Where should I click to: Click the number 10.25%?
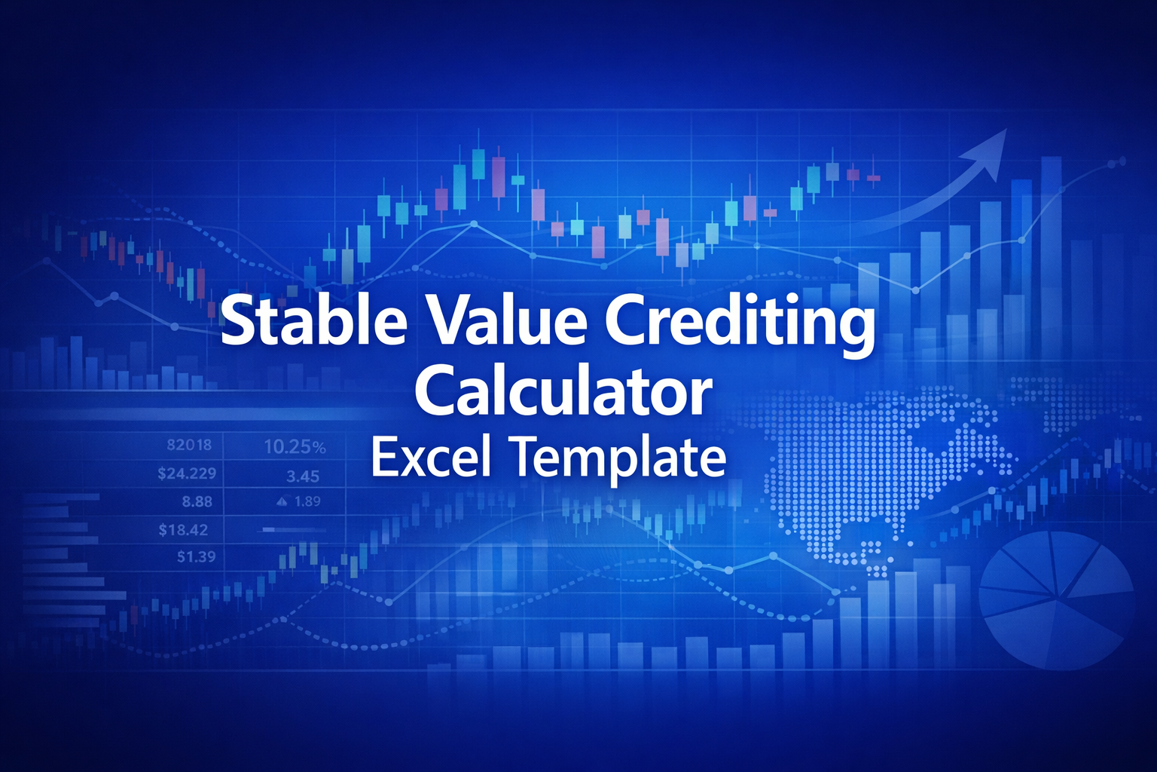[x=295, y=447]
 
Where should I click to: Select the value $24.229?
[x=187, y=473]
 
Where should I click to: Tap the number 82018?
[x=189, y=445]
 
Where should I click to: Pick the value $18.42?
[x=183, y=530]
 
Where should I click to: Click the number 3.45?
[x=303, y=476]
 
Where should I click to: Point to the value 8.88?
[x=197, y=501]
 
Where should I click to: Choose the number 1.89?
[x=307, y=501]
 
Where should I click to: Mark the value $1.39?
[x=196, y=557]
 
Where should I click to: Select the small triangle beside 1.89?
[x=283, y=501]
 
